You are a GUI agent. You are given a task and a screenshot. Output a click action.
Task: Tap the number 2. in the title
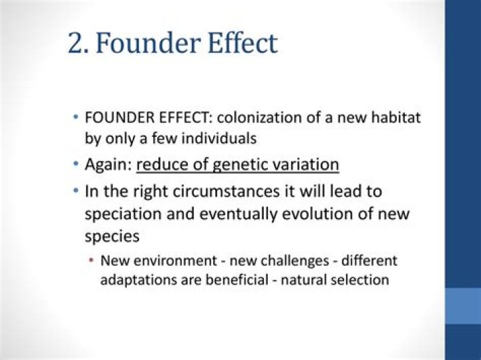pos(79,43)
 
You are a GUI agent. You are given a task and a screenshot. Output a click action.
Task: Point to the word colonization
pos(267,119)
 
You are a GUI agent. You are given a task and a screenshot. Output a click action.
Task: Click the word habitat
pos(397,119)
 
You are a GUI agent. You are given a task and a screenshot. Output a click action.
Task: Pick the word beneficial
pos(229,279)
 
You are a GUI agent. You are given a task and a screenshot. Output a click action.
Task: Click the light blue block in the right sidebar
pos(462,305)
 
